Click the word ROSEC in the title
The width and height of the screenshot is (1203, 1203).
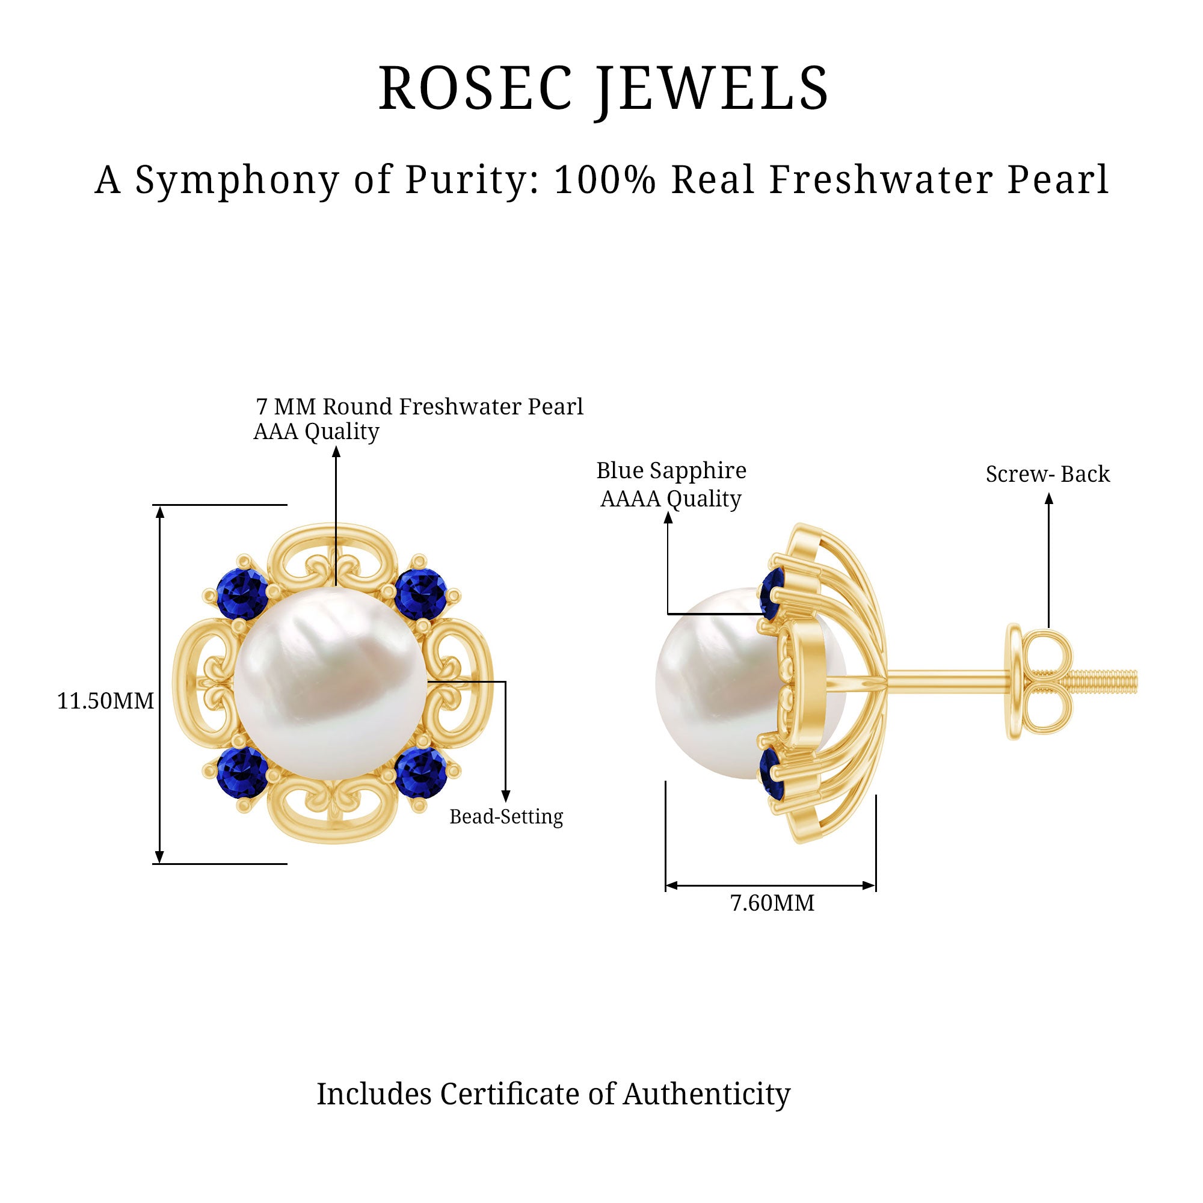(475, 88)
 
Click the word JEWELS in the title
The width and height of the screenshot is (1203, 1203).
(713, 88)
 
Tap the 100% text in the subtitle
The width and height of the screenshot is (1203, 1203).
(605, 180)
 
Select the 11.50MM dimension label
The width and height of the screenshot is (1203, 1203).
(105, 702)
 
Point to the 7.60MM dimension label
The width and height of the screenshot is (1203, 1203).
(772, 903)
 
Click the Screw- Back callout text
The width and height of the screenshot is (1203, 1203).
(1047, 475)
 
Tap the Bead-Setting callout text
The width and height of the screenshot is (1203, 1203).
(506, 816)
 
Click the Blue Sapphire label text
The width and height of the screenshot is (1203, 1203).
(671, 471)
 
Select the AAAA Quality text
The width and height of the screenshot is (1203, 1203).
(671, 499)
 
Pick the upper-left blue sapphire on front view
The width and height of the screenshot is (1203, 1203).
(242, 594)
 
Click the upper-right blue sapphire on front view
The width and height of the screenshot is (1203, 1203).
(421, 594)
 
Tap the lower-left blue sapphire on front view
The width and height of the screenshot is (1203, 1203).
(242, 773)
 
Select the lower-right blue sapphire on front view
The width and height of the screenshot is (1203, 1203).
(421, 773)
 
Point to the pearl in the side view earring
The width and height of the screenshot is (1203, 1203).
(710, 683)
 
